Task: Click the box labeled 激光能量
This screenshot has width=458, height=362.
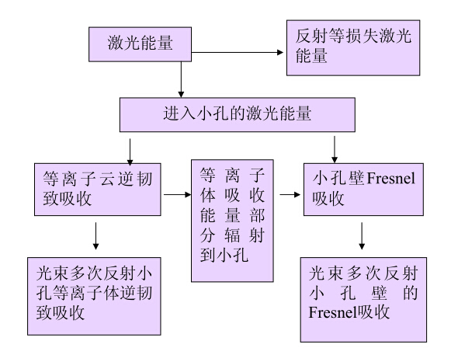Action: tap(140, 44)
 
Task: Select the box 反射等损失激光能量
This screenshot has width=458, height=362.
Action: tap(353, 47)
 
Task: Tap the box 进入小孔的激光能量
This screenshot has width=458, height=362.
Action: tap(238, 115)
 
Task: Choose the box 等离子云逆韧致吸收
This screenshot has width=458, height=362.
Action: tap(98, 190)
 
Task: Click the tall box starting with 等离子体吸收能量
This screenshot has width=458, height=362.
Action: tap(232, 221)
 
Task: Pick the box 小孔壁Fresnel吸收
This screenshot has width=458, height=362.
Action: tap(363, 190)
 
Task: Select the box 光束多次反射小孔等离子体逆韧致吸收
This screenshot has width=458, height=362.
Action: tap(94, 296)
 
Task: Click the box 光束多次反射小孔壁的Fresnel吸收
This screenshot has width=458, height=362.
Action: tap(363, 300)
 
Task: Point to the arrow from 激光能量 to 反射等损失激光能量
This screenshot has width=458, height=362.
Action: tap(238, 53)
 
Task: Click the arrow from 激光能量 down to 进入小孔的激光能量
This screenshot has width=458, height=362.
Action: tap(181, 79)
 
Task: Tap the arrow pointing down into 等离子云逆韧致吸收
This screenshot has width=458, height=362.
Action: tap(130, 152)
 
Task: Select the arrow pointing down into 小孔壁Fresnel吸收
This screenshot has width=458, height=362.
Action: tap(335, 149)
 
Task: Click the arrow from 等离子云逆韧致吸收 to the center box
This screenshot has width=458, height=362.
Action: tap(177, 194)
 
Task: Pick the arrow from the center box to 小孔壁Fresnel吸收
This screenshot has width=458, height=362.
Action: tap(290, 194)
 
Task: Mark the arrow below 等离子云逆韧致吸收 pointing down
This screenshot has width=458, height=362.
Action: tap(95, 236)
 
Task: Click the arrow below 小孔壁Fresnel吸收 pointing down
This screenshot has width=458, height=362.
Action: tap(362, 236)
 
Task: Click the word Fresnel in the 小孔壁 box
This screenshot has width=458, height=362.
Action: tap(390, 179)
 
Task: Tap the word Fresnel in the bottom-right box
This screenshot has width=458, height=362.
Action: tap(332, 312)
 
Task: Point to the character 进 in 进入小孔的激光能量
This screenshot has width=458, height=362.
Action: tap(171, 113)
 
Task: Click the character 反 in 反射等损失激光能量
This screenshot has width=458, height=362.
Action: tap(304, 37)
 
